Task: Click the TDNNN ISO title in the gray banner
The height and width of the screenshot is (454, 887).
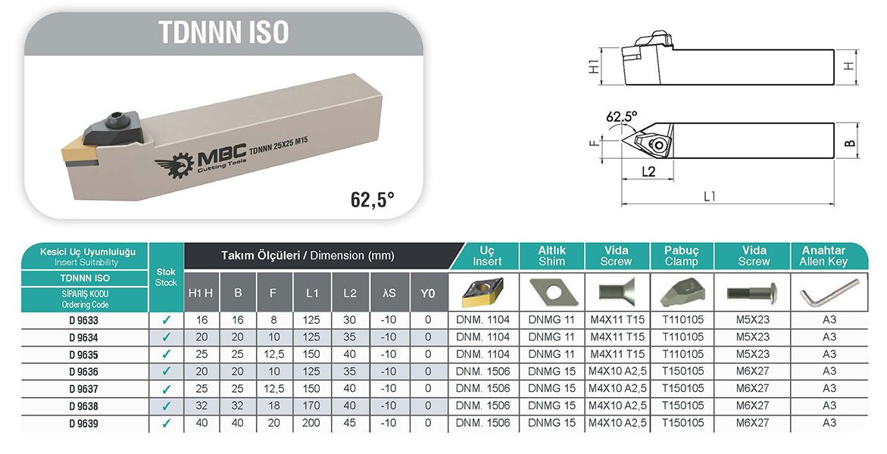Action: click(x=223, y=33)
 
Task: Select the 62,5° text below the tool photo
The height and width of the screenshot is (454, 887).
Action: click(x=372, y=199)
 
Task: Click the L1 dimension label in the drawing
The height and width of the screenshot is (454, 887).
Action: click(x=710, y=196)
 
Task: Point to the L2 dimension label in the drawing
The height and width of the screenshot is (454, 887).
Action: click(x=648, y=171)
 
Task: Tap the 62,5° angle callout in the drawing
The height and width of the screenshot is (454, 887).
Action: click(x=621, y=117)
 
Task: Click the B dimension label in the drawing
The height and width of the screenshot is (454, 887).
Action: click(x=850, y=144)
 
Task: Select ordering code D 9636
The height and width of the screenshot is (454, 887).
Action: click(x=84, y=372)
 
